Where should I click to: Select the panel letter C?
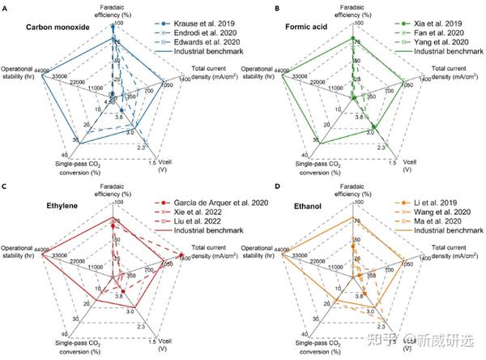point(5,186)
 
